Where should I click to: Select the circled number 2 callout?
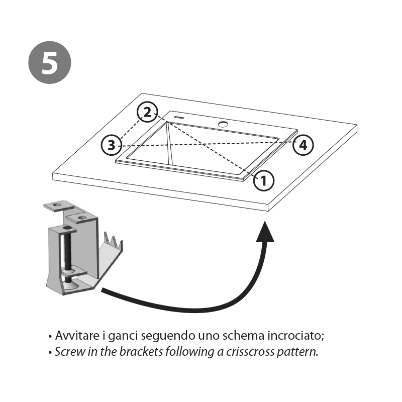(x=147, y=113)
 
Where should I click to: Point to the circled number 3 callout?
(x=111, y=145)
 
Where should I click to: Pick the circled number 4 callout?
(x=303, y=145)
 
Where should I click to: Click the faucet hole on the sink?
(x=223, y=123)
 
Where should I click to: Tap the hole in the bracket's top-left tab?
(x=57, y=205)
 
